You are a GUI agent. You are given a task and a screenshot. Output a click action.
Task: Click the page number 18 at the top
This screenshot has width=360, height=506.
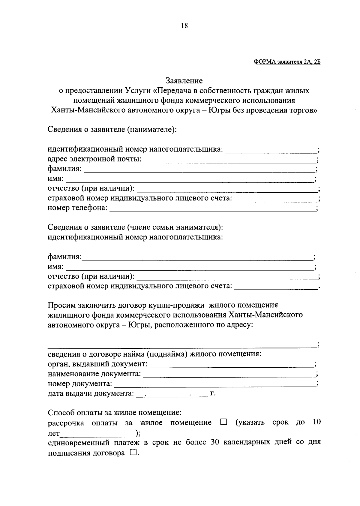[184, 26]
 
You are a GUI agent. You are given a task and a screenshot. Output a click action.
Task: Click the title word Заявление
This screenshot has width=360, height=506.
[184, 81]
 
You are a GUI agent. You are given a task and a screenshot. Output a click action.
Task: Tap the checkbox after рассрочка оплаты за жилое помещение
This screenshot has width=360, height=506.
[223, 423]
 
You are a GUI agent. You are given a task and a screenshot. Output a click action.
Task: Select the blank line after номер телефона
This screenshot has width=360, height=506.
[212, 209]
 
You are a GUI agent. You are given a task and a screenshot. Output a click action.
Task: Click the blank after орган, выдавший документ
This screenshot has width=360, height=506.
[231, 366]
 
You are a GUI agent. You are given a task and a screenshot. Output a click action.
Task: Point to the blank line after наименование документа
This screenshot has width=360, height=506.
[229, 375]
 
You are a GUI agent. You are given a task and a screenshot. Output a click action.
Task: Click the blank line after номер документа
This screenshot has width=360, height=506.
[215, 385]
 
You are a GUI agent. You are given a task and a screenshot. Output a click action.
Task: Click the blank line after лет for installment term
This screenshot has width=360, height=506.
[97, 434]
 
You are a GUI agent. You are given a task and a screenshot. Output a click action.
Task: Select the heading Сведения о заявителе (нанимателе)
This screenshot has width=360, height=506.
[112, 130]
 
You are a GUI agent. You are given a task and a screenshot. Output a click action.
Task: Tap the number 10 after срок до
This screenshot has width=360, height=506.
[316, 422]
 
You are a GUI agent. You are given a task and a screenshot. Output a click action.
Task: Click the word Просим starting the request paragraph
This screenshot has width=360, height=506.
[62, 305]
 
